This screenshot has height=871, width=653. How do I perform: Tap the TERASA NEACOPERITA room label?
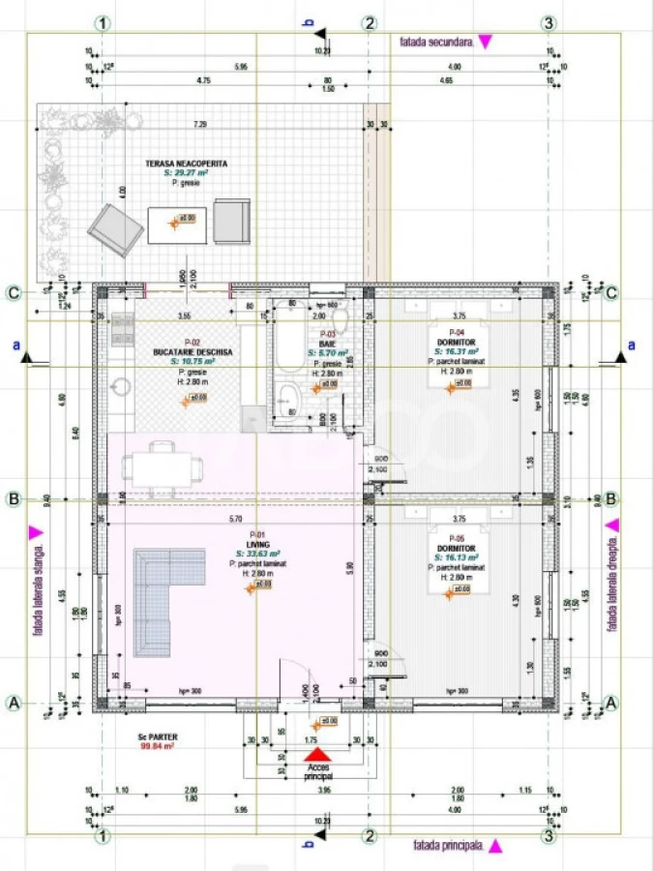coord(187,165)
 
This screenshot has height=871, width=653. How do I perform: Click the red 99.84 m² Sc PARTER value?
coord(155,746)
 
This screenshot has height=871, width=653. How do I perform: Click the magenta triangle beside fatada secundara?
coord(485,42)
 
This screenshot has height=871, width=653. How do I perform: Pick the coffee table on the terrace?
coord(177,224)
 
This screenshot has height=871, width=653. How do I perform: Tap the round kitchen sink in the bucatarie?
coord(121,386)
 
